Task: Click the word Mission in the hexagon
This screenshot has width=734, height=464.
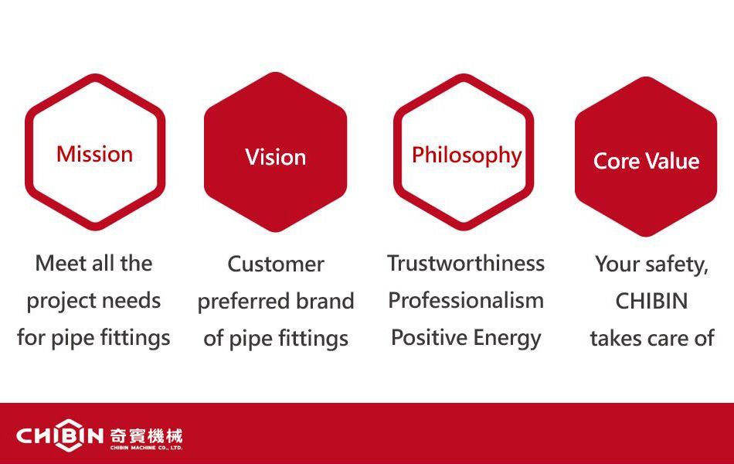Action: click(x=94, y=154)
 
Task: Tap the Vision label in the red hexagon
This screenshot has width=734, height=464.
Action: click(x=276, y=157)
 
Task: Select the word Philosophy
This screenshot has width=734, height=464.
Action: click(x=467, y=155)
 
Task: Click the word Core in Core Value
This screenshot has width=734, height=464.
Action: click(x=616, y=161)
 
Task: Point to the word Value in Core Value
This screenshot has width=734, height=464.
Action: click(x=673, y=161)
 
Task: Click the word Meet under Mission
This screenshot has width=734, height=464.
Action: click(x=61, y=263)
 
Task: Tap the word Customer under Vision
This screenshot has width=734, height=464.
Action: click(x=276, y=264)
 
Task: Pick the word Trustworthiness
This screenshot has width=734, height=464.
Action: click(x=466, y=263)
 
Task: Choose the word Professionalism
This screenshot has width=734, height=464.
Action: click(x=466, y=300)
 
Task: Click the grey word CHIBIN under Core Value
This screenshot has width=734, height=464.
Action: click(x=651, y=301)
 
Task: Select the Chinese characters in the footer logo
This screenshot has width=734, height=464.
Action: click(x=147, y=436)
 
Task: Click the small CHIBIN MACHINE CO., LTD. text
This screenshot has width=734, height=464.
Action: click(x=147, y=448)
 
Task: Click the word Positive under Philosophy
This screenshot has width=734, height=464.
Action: click(x=430, y=337)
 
